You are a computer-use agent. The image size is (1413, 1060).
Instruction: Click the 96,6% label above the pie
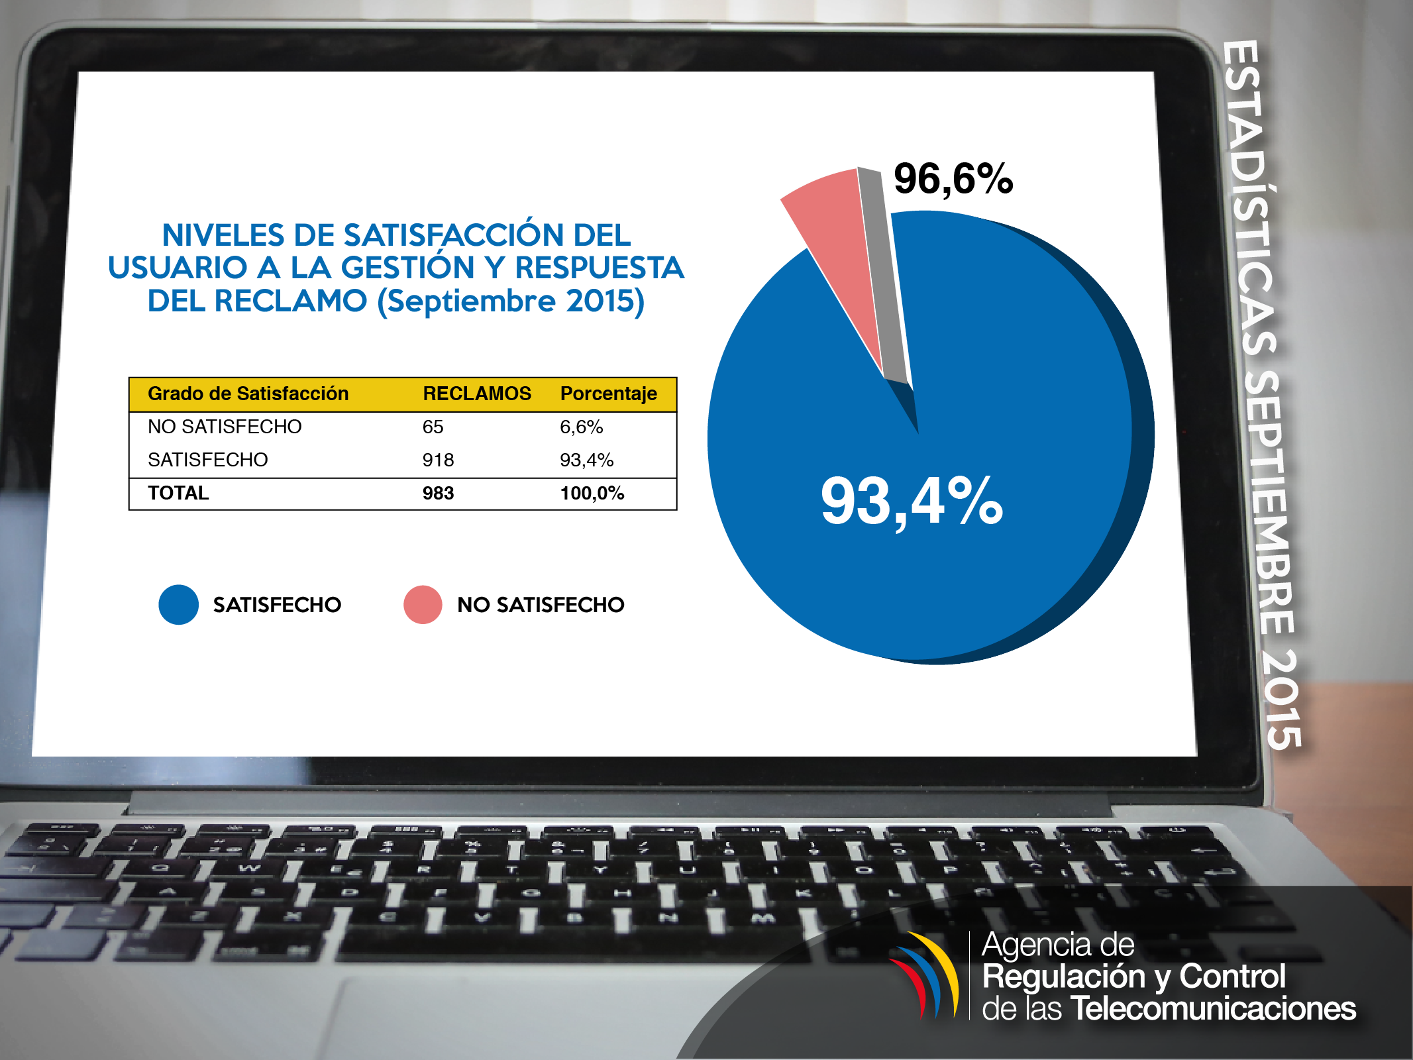(953, 179)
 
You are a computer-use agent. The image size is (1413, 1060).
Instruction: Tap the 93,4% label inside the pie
(912, 502)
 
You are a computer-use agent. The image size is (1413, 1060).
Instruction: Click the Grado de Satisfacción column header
(248, 394)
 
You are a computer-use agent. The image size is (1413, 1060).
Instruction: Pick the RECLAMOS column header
(476, 394)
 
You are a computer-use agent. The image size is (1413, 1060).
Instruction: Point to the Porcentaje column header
(608, 394)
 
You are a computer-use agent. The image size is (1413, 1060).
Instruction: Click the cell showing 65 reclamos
(433, 427)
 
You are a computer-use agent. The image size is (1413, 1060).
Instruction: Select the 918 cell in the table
(438, 460)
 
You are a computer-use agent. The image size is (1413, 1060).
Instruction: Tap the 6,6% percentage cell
(581, 427)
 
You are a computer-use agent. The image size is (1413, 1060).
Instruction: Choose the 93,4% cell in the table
(586, 460)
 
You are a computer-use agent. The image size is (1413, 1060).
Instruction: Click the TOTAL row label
(178, 493)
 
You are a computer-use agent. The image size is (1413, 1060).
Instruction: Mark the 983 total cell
(438, 493)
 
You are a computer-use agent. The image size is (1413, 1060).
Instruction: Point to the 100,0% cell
(592, 493)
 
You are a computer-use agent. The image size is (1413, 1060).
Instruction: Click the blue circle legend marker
(178, 604)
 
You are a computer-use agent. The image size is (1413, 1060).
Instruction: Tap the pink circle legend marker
(423, 604)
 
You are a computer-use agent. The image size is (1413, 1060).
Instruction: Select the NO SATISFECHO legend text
(541, 604)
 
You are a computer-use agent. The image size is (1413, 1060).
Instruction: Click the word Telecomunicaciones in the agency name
(1213, 1008)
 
